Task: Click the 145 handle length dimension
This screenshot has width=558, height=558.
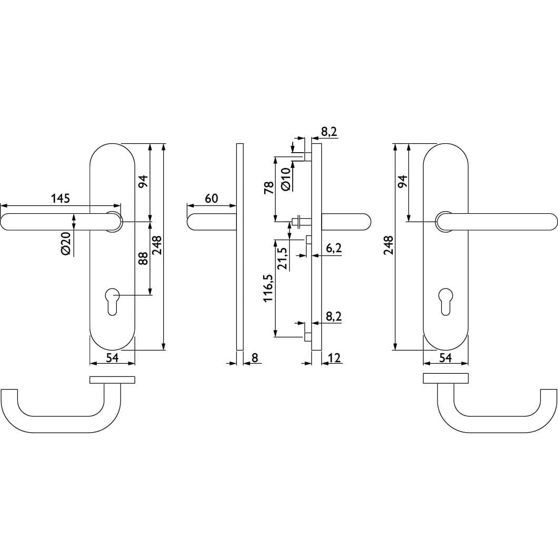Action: pos(61,198)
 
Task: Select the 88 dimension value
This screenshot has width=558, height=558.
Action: pos(143,258)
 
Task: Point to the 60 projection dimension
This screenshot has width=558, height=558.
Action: pos(212,198)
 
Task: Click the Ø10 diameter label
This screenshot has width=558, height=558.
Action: pos(286,180)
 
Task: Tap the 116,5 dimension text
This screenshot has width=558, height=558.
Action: pos(268,288)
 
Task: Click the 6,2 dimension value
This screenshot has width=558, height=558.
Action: pos(334,248)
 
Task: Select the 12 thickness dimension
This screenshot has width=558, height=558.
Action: pos(335,357)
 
